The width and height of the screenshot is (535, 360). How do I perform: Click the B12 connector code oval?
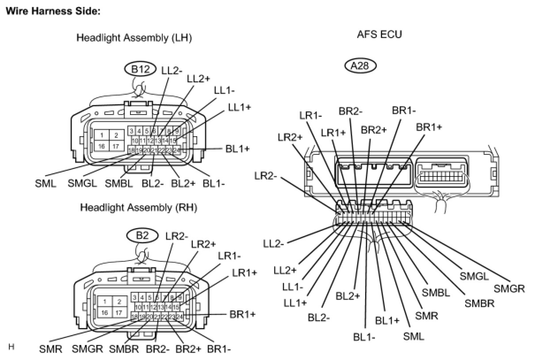[140, 69]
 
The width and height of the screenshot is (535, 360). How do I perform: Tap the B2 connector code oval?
[142, 236]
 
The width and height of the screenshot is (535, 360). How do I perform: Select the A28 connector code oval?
[360, 66]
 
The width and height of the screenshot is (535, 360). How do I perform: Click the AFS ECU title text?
[379, 34]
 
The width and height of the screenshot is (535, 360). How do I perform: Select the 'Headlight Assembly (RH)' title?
[138, 207]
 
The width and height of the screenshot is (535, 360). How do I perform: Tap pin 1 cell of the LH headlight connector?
[102, 135]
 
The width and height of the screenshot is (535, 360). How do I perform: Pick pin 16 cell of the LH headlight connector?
[102, 146]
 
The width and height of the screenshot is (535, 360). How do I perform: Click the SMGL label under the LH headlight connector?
[82, 183]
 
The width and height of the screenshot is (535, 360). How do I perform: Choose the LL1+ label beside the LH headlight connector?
[239, 107]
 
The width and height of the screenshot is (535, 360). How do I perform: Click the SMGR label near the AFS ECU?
[509, 289]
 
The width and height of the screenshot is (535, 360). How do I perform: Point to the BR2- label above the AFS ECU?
[351, 111]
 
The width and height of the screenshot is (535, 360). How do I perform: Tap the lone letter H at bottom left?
[11, 346]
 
